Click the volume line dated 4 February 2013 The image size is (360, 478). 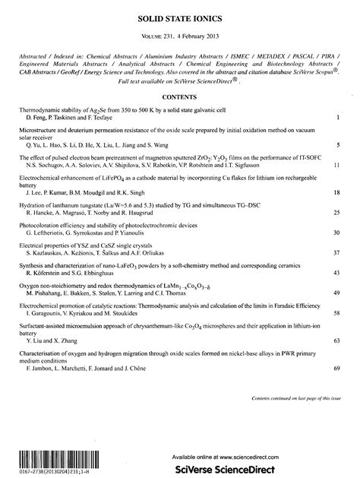[180, 36]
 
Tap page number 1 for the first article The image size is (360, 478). [336, 119]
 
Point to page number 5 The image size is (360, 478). [336, 144]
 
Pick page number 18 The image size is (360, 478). [335, 194]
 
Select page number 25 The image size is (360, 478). [335, 214]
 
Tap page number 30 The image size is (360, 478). [335, 233]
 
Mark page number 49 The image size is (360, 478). [335, 292]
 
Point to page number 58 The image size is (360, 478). [335, 312]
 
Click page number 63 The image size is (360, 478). [335, 341]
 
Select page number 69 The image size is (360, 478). [335, 368]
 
